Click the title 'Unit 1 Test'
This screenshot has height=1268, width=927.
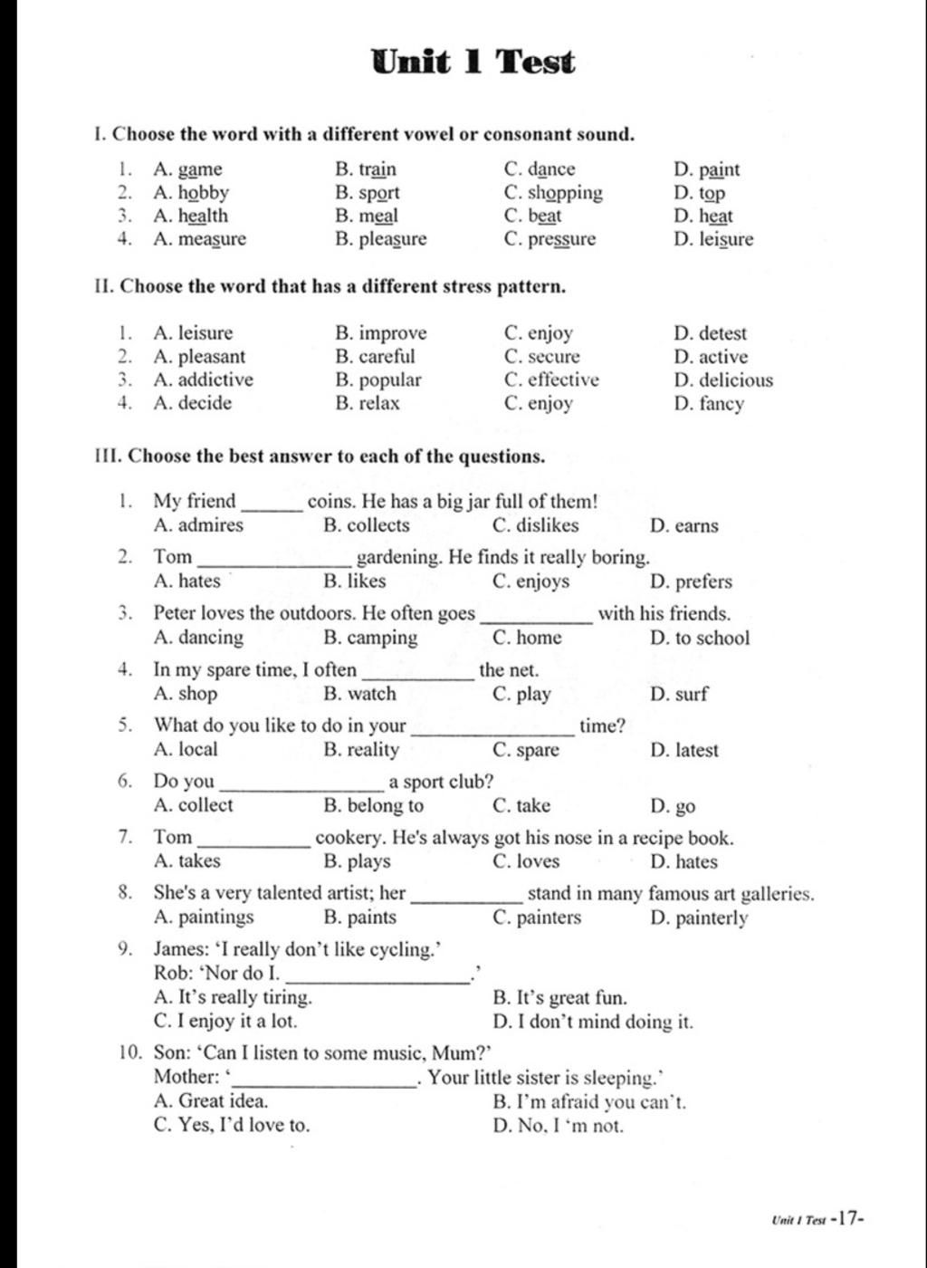(473, 62)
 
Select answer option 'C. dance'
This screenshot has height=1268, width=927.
(540, 169)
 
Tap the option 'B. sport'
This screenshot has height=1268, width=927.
(367, 193)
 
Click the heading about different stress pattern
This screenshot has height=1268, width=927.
(330, 287)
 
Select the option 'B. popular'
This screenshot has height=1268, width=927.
(377, 380)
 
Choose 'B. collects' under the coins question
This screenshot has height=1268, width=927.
(366, 525)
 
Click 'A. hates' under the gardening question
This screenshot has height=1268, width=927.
(186, 581)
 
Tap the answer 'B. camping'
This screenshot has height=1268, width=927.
(370, 638)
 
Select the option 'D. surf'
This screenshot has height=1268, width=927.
(679, 695)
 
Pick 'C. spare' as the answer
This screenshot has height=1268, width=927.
(526, 750)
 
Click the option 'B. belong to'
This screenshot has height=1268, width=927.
(373, 806)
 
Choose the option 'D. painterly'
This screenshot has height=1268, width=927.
(699, 918)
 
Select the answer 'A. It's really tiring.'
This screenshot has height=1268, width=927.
(233, 998)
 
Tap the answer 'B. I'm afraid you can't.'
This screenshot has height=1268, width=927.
(589, 1102)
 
